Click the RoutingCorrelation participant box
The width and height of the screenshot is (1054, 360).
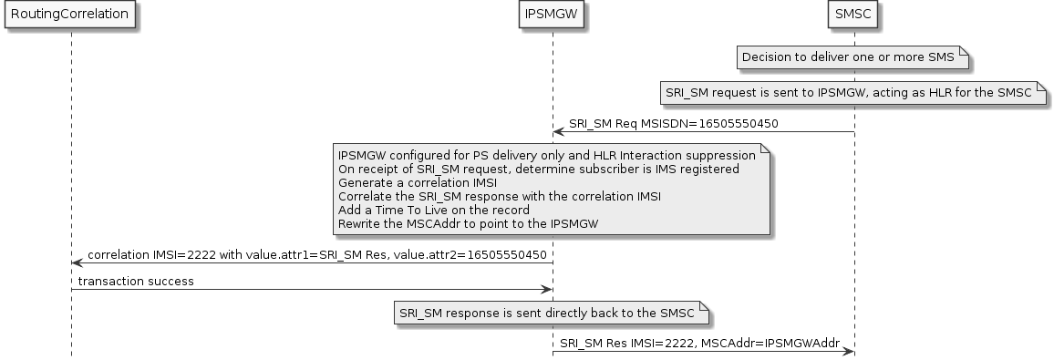[x=70, y=15]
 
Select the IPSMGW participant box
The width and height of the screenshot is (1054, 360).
[x=553, y=15]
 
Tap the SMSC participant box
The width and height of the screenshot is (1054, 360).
[x=854, y=15]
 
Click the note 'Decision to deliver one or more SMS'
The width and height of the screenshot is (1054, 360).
[x=848, y=57]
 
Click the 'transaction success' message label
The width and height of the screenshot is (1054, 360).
[x=136, y=281]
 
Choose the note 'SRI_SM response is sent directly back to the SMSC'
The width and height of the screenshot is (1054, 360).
[x=551, y=314]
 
